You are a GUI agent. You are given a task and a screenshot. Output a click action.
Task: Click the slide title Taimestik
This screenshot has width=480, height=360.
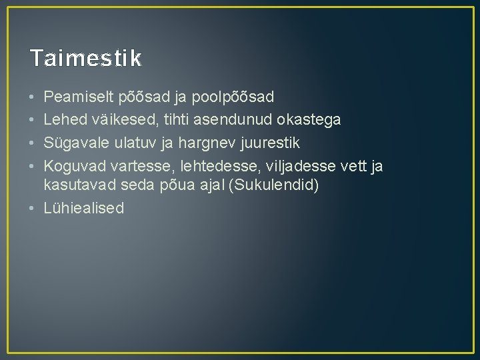(x=85, y=59)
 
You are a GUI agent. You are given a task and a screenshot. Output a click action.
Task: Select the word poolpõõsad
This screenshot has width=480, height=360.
(x=233, y=98)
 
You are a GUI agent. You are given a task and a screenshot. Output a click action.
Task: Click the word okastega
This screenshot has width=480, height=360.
(x=309, y=120)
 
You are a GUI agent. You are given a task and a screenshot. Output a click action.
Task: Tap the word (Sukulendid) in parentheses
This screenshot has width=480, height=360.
(x=274, y=186)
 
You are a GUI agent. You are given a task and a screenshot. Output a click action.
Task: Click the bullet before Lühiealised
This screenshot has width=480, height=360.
(x=33, y=208)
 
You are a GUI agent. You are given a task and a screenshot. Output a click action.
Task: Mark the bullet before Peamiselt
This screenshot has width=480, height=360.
(x=33, y=98)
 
